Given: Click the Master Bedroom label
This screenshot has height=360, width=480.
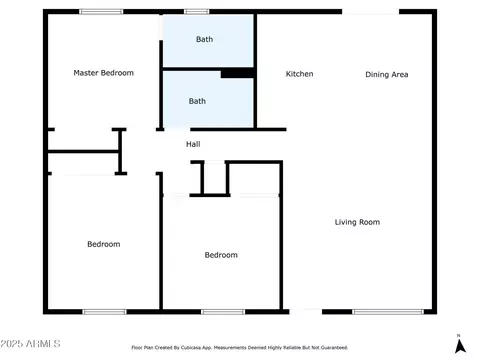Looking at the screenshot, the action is coord(103,73).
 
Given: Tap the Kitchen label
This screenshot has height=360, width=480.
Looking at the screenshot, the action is coord(299,74).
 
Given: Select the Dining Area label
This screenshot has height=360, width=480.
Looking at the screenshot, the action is coord(387,74).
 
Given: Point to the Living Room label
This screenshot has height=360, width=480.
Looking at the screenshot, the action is coord(357,222).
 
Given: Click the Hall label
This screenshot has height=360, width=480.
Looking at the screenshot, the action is coord(193,144).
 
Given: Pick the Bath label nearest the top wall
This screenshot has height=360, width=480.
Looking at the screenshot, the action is coord(204,39).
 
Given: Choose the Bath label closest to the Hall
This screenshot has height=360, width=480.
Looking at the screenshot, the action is coord(197,101).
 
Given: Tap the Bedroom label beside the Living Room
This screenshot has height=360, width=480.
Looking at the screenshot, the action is coord(221,255).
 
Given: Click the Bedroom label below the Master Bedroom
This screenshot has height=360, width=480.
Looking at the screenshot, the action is coord(104,244).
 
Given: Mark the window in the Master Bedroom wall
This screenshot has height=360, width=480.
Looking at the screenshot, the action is coord(101,12).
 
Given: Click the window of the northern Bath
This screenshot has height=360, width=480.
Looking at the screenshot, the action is coord(196,12).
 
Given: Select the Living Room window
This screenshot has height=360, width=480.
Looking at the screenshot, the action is coord(388,312).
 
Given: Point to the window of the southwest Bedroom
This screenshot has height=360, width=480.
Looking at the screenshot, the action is coord(105,312).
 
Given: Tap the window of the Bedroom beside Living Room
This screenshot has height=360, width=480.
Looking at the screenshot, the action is coord(223,312).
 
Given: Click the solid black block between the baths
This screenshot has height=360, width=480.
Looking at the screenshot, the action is coord(237,73).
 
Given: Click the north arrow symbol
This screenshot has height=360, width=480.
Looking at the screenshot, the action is coord(460,345).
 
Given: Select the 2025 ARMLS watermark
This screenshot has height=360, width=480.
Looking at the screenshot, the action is coord(30,344).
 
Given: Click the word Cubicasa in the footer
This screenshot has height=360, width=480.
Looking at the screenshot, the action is coord(190,348).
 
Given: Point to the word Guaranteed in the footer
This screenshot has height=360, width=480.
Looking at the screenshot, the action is coord(334,348).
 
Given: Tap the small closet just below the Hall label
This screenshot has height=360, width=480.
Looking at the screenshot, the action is coord(215,178).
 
